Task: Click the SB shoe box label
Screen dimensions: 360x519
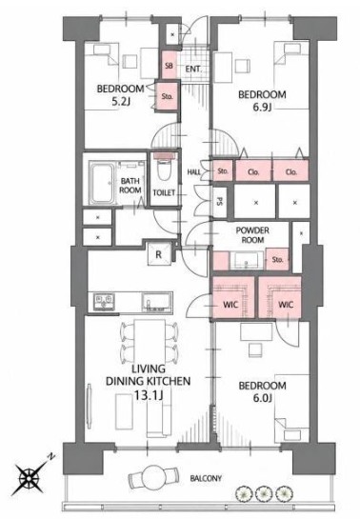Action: [169, 65]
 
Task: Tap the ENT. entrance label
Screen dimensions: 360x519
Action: [193, 70]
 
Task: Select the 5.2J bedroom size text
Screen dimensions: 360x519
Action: [120, 102]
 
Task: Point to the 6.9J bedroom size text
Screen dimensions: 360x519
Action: [262, 108]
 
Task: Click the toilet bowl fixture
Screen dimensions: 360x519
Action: [164, 170]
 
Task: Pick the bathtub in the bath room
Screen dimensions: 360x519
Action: [102, 183]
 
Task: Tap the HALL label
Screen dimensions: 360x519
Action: [194, 172]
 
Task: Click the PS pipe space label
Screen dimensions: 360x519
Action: [219, 201]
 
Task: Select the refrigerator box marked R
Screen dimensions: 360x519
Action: [159, 254]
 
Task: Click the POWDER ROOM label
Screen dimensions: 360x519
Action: [252, 235]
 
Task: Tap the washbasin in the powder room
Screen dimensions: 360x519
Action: [247, 261]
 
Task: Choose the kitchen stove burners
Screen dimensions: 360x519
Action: [105, 302]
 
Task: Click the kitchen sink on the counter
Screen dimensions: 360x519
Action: [157, 302]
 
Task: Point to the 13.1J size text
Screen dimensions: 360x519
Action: [148, 395]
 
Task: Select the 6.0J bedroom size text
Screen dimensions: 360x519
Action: [263, 398]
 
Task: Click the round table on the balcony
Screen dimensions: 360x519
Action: [153, 477]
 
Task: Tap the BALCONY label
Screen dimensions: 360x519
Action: [206, 478]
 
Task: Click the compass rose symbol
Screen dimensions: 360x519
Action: [30, 477]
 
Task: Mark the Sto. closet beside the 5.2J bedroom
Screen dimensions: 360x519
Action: [168, 96]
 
